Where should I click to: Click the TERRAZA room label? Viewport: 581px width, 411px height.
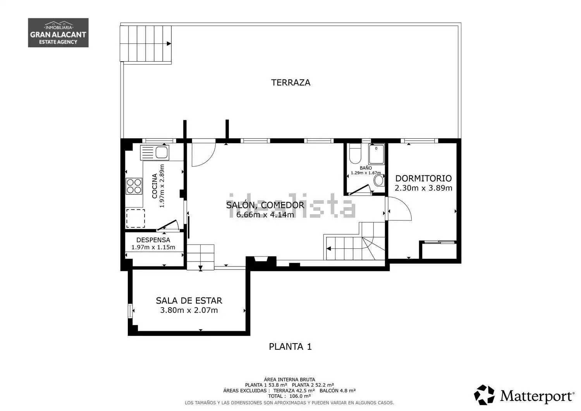290,83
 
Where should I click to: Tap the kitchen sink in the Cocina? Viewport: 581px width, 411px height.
155,152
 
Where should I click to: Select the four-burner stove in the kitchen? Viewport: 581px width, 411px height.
134,186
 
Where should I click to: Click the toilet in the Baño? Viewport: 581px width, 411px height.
355,153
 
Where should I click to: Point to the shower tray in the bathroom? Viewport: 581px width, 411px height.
376,155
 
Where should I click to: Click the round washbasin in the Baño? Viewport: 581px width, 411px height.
379,180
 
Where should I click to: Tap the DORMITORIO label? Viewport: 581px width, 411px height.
423,178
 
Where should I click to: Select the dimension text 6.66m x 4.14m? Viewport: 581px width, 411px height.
265,215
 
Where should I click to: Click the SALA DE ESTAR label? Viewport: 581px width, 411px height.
189,301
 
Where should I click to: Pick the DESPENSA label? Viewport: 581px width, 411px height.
153,240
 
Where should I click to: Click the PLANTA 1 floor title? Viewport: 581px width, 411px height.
290,346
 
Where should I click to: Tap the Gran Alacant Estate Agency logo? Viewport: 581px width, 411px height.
58,33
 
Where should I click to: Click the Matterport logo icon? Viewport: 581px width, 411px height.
484,395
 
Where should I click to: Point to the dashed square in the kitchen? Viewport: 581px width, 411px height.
136,218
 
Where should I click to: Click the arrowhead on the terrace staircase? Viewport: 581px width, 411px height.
169,44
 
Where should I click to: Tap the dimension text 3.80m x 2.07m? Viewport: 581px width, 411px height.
189,310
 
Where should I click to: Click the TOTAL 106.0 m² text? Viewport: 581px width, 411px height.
289,396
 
